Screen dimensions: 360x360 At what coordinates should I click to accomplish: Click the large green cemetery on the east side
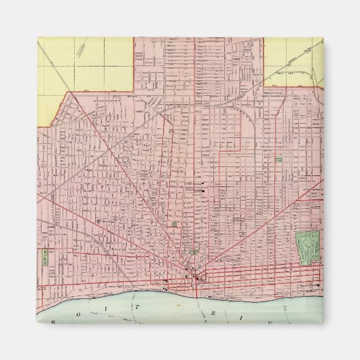pyautogui.click(x=307, y=247)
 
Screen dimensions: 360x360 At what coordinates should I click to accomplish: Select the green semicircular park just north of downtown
pyautogui.click(x=194, y=252)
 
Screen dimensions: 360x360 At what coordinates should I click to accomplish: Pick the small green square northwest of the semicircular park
pyautogui.click(x=175, y=223)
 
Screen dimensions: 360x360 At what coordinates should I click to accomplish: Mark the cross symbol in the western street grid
pyautogui.click(x=100, y=222)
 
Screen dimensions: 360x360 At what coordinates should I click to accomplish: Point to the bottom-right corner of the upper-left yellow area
pyautogui.click(x=132, y=90)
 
